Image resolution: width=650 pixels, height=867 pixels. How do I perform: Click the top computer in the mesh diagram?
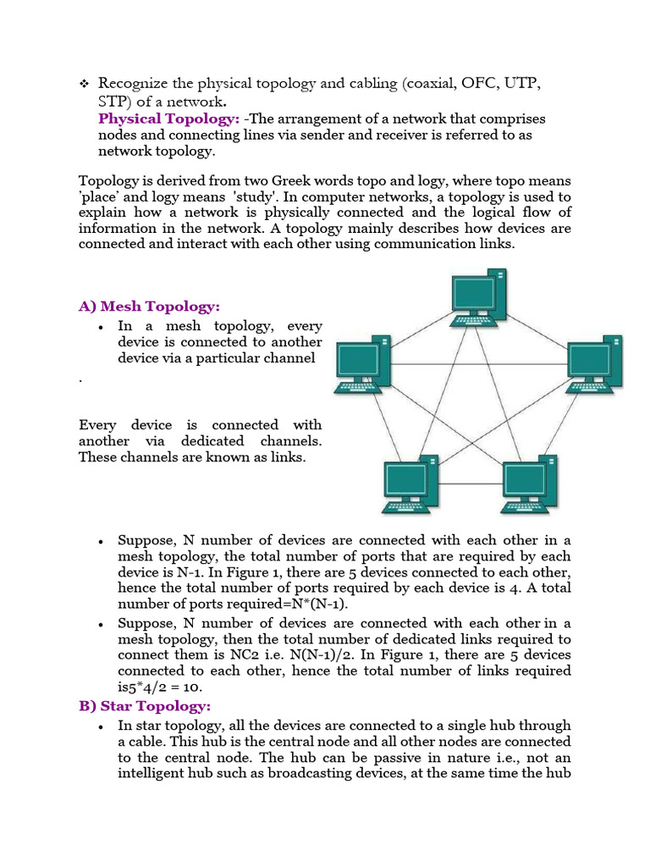pos(478,296)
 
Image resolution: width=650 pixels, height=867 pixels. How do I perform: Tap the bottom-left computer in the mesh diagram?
pos(410,487)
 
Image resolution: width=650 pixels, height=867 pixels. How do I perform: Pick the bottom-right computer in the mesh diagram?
pos(528,487)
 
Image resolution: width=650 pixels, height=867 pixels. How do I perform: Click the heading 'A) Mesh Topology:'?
pos(149,306)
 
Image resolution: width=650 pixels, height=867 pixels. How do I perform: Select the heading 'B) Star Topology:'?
pos(145,706)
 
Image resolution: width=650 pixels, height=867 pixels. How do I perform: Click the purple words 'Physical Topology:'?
pos(169,119)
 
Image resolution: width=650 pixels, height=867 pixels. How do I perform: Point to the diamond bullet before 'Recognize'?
pos(84,84)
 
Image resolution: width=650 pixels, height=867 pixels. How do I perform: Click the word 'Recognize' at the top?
pos(135,83)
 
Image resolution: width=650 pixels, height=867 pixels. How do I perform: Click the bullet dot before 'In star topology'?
pos(101,726)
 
